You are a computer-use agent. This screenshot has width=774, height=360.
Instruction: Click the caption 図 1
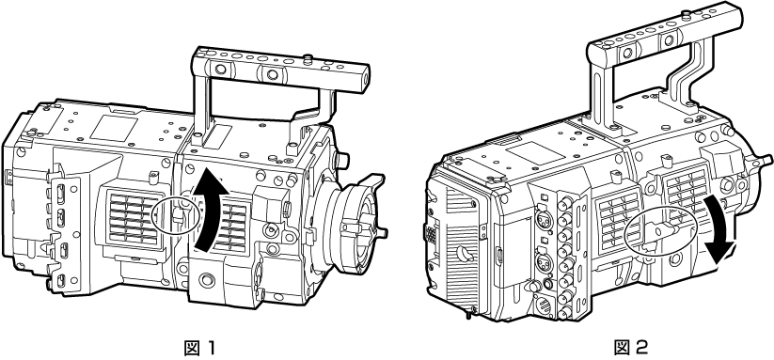click(x=200, y=348)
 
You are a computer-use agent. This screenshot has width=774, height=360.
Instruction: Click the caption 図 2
click(x=630, y=348)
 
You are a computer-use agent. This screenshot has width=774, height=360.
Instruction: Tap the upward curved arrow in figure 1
click(x=210, y=207)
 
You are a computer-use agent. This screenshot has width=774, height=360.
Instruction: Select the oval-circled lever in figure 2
click(x=660, y=229)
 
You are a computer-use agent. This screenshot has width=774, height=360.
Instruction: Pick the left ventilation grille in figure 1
click(x=132, y=219)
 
